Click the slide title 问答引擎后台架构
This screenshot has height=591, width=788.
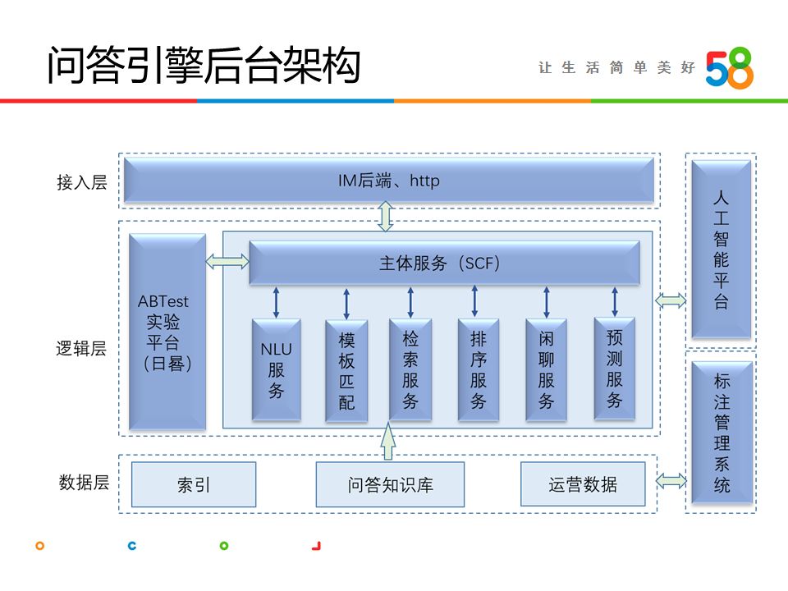click(x=203, y=66)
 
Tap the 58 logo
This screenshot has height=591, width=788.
click(x=729, y=67)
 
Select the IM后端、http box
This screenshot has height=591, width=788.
click(x=389, y=181)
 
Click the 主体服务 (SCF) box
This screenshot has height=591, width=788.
click(x=444, y=263)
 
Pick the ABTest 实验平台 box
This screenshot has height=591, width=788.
click(x=167, y=332)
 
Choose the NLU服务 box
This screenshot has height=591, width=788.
click(x=276, y=370)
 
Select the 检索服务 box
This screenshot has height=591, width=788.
click(x=410, y=370)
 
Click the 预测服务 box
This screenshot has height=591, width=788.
click(x=615, y=369)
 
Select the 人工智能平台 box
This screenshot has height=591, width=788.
click(x=721, y=250)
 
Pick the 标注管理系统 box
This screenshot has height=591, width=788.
click(x=721, y=433)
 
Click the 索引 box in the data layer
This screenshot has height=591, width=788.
click(x=194, y=484)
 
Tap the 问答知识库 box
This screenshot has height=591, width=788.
click(x=390, y=484)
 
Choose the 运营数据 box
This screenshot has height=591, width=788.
click(x=583, y=484)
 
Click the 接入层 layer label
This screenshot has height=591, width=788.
click(x=82, y=182)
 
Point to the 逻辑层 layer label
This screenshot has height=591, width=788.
click(x=81, y=348)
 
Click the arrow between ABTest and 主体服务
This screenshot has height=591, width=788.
click(x=227, y=262)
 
